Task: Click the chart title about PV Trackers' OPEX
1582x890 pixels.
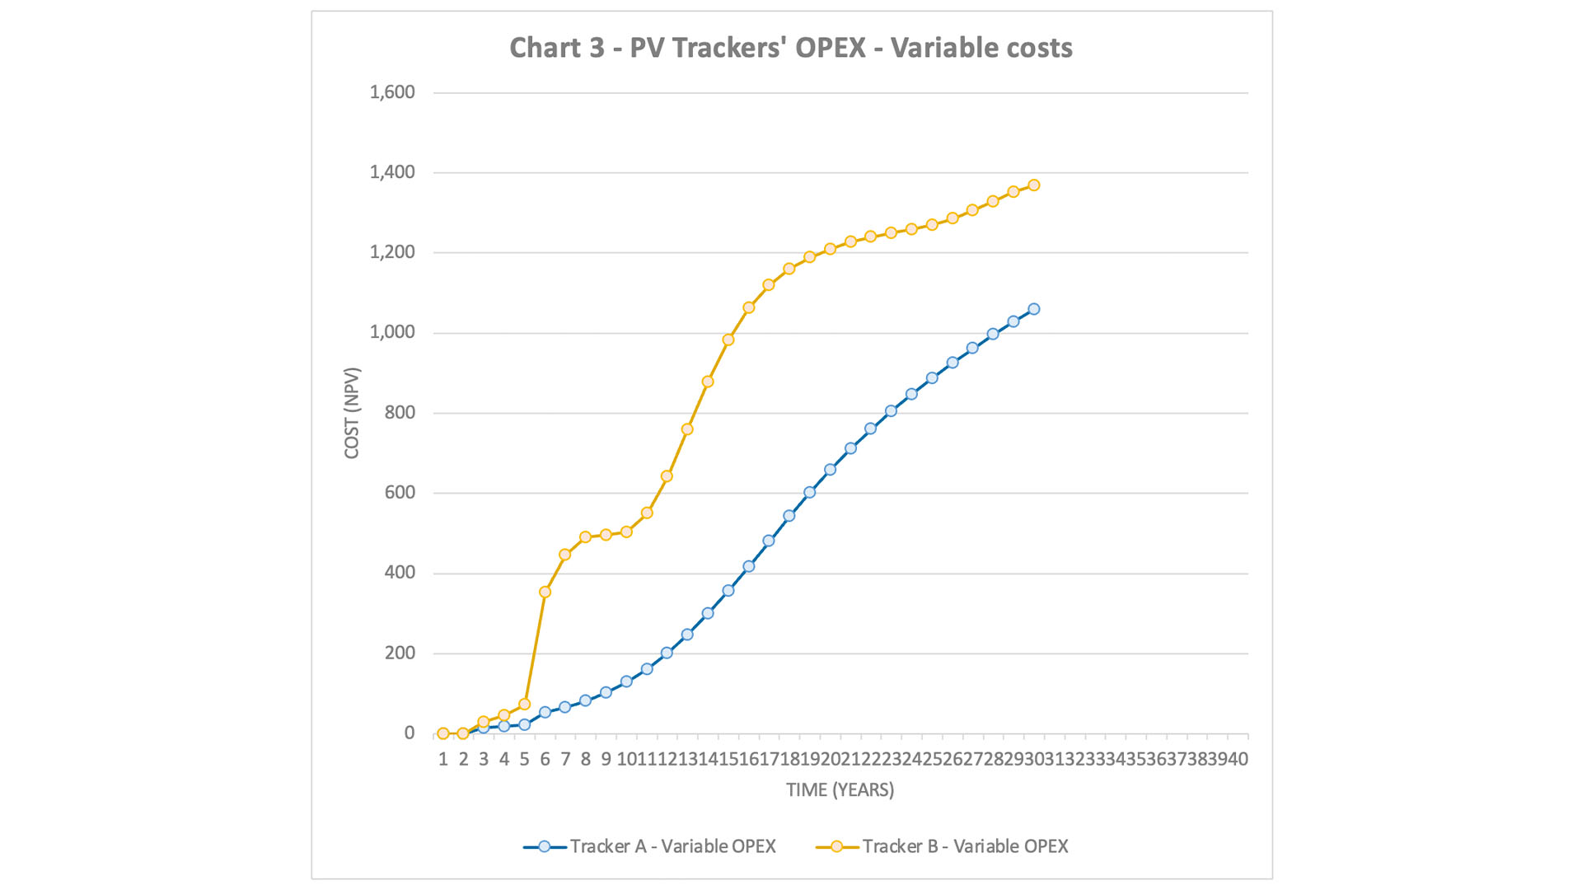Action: [x=790, y=48]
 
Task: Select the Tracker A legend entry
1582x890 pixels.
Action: [x=672, y=846]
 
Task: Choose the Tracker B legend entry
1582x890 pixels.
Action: [x=965, y=846]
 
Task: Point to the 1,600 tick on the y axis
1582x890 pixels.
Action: [x=392, y=92]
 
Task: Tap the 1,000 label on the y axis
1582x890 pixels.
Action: [x=392, y=332]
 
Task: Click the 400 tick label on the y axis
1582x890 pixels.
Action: [x=399, y=573]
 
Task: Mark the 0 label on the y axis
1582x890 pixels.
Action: [x=410, y=733]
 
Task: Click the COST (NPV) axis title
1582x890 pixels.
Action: [x=352, y=413]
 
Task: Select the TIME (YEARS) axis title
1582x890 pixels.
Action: [x=840, y=789]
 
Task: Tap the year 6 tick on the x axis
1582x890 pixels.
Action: [x=545, y=759]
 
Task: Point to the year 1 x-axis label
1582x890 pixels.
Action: [x=443, y=759]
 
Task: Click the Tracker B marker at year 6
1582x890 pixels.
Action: [x=545, y=592]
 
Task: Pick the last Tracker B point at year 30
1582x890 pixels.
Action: [x=1033, y=185]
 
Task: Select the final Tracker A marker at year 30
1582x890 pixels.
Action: [x=1033, y=309]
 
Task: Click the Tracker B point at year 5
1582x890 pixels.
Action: [x=525, y=705]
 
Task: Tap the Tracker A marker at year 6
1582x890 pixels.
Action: [x=545, y=712]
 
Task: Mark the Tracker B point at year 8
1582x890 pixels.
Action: [x=586, y=536]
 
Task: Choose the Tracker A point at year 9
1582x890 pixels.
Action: [x=606, y=692]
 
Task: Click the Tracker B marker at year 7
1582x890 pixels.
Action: [x=565, y=555]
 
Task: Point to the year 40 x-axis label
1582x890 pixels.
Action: [x=1238, y=759]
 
